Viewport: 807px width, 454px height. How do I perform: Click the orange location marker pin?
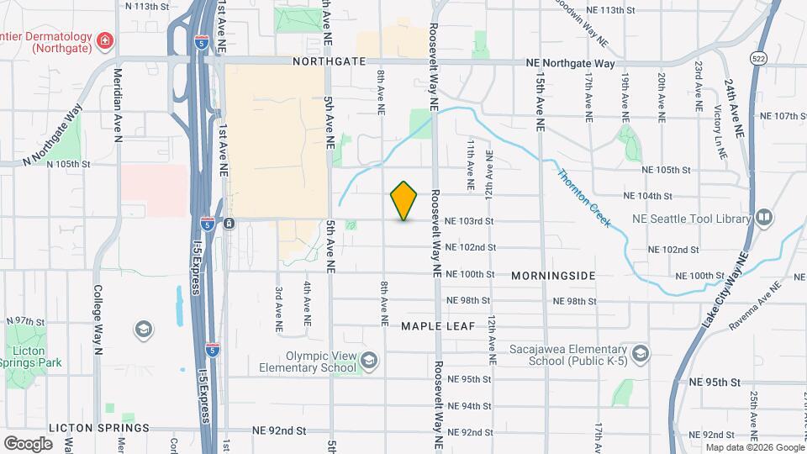click(404, 201)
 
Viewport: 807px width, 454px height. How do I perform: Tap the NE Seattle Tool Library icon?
click(764, 218)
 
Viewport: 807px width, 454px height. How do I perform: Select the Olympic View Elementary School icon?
click(368, 362)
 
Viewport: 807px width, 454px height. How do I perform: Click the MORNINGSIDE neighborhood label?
click(553, 276)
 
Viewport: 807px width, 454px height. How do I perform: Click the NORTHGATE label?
click(330, 61)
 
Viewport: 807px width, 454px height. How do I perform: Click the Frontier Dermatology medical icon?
click(104, 40)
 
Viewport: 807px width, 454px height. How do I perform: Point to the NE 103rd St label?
click(469, 221)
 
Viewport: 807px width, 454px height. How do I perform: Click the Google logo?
click(29, 443)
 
